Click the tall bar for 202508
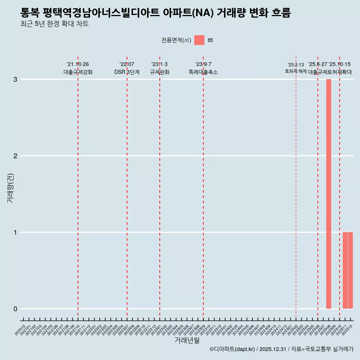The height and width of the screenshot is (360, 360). (x=328, y=194)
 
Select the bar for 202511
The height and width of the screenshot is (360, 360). (x=345, y=270)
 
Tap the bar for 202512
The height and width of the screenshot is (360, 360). (x=350, y=270)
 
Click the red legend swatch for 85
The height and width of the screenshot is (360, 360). (x=199, y=40)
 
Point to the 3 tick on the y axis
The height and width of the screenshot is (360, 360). (x=15, y=79)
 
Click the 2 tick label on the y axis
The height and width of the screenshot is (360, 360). (x=15, y=156)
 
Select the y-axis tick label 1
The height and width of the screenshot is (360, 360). (x=15, y=232)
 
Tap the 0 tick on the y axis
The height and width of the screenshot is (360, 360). (x=15, y=309)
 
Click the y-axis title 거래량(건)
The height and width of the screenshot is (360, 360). (x=10, y=188)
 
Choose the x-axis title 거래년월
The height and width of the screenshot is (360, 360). (x=187, y=340)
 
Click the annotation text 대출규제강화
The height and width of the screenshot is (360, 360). (x=78, y=72)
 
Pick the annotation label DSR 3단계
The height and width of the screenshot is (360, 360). (x=127, y=72)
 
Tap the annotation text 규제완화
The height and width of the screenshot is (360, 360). (x=160, y=72)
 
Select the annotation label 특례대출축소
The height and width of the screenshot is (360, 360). (x=203, y=72)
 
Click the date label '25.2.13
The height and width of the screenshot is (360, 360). (x=296, y=65)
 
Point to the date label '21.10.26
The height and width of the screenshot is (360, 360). (x=78, y=64)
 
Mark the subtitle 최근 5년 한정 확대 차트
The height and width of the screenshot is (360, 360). (x=55, y=24)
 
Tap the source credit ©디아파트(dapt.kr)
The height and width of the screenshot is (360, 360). (x=232, y=349)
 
